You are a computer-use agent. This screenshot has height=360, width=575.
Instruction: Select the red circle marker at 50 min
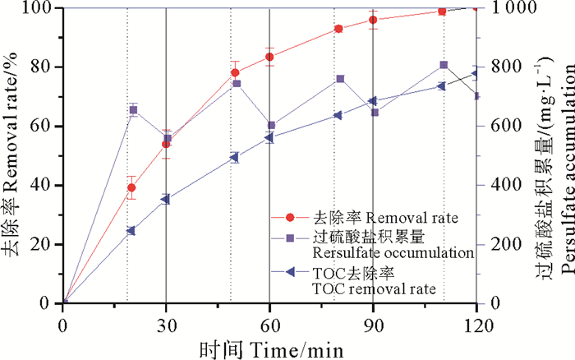[235, 72]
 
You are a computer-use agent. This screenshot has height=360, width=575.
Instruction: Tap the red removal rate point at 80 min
[338, 29]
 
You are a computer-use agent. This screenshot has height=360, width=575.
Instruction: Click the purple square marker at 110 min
[444, 65]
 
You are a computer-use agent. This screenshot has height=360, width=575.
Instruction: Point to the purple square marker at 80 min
[340, 79]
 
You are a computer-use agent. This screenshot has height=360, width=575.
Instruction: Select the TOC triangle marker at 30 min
[165, 199]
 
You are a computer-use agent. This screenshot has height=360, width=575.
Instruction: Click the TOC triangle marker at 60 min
[269, 138]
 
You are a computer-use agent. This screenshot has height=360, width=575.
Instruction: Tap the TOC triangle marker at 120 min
[476, 74]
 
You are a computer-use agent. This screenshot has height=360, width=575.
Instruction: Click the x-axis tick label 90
[373, 322]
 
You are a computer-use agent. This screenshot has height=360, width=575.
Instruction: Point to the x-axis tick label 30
[166, 322]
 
